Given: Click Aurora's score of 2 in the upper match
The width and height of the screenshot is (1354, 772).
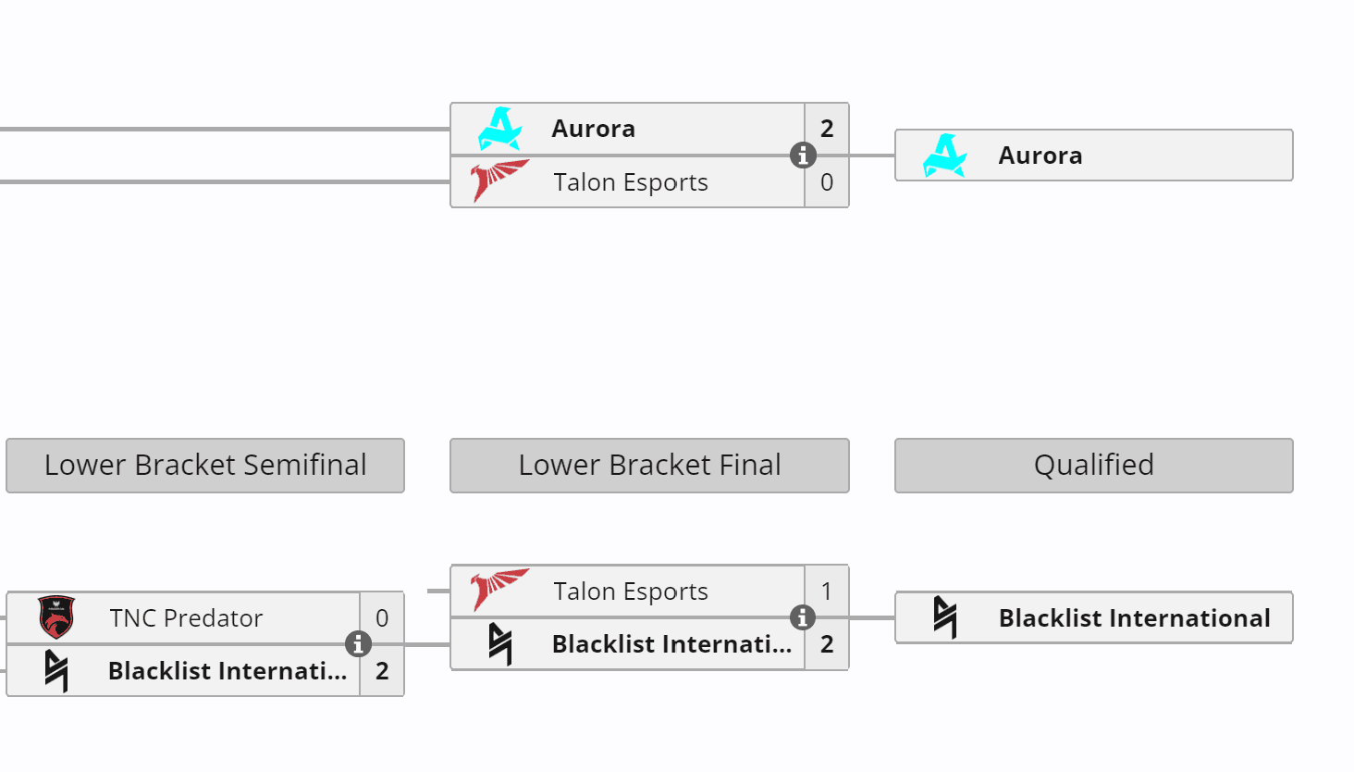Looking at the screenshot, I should click(x=827, y=129).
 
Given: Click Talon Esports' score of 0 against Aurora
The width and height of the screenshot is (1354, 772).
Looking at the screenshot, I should click(x=827, y=182).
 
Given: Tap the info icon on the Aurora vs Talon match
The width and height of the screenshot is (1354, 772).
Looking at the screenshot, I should click(x=803, y=156).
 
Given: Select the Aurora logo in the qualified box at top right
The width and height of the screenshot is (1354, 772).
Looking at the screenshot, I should click(x=944, y=156).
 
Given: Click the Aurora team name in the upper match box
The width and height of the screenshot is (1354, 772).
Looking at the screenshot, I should click(x=593, y=129).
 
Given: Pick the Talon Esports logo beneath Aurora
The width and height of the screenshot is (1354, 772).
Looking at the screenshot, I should click(x=499, y=181).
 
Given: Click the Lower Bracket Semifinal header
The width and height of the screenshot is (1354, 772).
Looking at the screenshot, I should click(x=205, y=465).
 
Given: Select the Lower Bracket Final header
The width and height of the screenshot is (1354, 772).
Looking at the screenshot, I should click(x=649, y=465).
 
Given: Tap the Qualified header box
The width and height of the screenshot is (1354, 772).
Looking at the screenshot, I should click(x=1093, y=465).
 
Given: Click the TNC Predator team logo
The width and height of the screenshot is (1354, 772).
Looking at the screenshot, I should click(x=56, y=617).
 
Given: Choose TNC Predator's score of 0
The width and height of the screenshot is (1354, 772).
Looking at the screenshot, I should click(x=382, y=618).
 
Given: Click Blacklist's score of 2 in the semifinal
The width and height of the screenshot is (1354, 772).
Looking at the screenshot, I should click(x=382, y=671).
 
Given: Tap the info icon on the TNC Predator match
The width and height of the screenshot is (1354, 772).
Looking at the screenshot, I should click(x=358, y=643).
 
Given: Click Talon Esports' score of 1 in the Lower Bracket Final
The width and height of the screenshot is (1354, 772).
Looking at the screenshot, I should click(x=827, y=591).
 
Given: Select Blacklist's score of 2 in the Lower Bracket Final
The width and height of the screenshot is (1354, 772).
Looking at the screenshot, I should click(x=827, y=644).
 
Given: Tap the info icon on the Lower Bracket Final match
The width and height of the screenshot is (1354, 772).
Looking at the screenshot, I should click(x=803, y=617).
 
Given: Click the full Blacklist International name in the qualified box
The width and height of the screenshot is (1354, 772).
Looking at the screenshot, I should click(x=1134, y=618).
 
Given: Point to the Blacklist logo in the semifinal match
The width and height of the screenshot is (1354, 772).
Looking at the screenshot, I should click(x=56, y=670).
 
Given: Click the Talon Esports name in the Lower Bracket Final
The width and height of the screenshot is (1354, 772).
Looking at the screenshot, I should click(x=631, y=591).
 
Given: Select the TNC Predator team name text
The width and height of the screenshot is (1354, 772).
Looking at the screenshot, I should click(x=186, y=618).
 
